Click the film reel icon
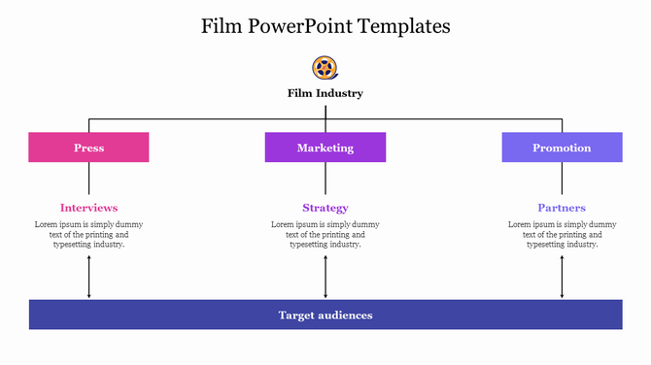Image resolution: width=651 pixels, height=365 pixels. [x=325, y=68]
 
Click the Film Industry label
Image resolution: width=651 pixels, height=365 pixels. [x=325, y=94]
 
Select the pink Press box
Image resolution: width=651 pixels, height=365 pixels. [x=88, y=148]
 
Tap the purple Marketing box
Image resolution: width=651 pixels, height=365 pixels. [x=325, y=148]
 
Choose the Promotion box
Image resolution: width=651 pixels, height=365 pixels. [x=562, y=148]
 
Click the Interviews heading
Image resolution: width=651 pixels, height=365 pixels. [x=88, y=208]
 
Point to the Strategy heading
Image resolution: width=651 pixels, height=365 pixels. [x=325, y=208]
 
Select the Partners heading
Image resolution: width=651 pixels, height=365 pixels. [x=562, y=208]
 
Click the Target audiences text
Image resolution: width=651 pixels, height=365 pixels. [x=325, y=315]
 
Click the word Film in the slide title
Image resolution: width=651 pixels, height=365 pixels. [x=222, y=26]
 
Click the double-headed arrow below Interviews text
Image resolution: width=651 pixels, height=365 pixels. [x=89, y=278]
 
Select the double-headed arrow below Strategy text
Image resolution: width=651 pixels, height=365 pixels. [x=325, y=278]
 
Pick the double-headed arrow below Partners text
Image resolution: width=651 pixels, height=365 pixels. [x=562, y=278]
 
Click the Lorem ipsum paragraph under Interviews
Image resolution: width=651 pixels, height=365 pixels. [x=88, y=234]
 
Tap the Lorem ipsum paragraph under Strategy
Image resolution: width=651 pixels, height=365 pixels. [x=325, y=234]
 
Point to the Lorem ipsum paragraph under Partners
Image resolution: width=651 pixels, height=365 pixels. [x=562, y=234]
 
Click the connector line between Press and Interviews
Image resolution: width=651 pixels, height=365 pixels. [x=89, y=179]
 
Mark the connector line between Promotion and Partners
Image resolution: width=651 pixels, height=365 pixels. [x=562, y=179]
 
